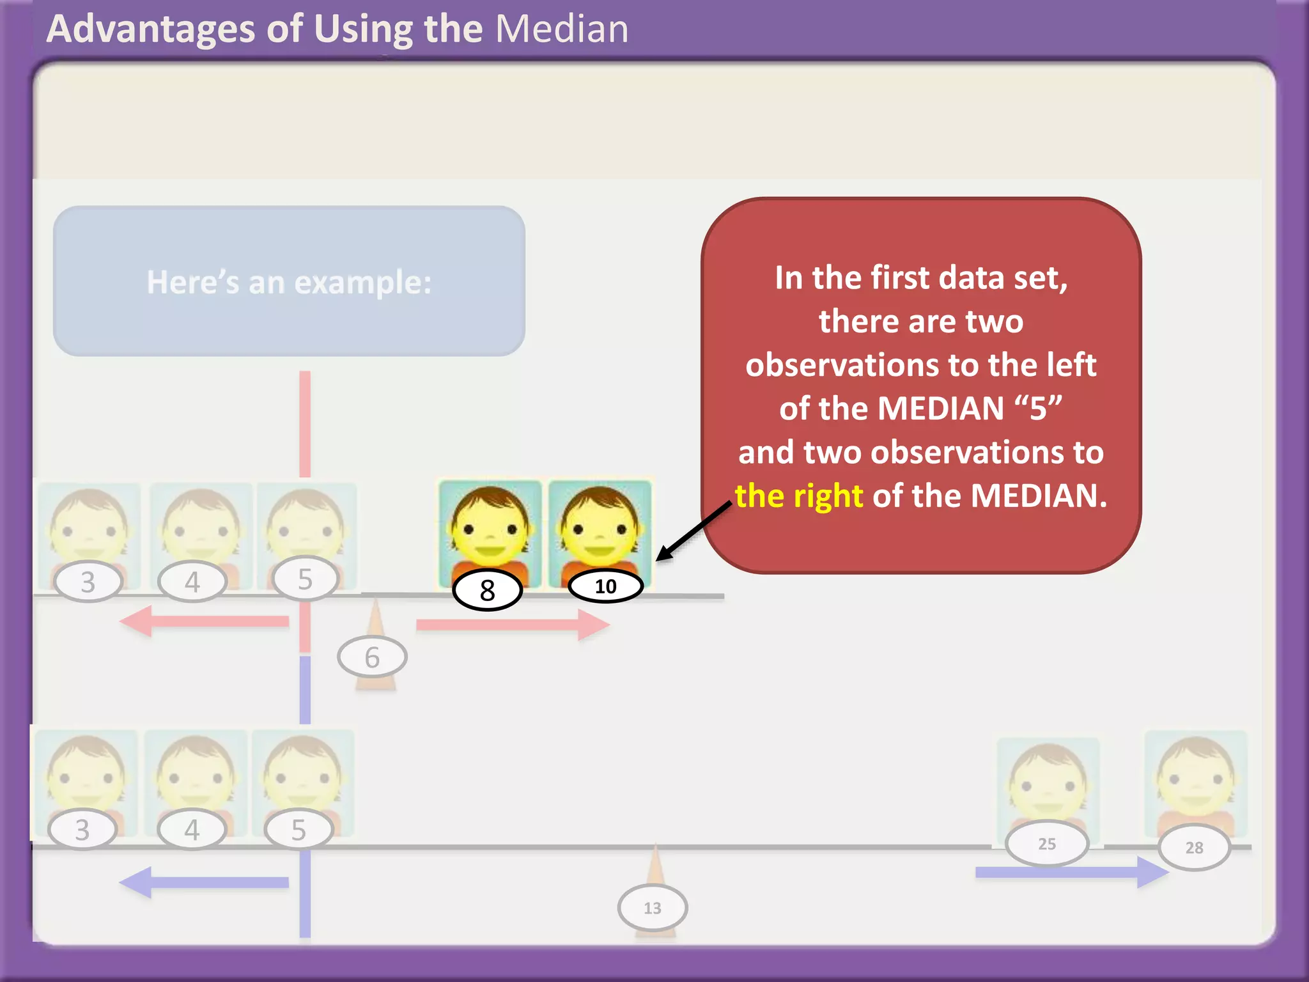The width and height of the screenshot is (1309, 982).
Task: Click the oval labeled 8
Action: pos(487,590)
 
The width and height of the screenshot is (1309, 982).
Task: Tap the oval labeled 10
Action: pos(605,586)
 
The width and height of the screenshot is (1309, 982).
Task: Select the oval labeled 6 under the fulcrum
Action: pos(372,657)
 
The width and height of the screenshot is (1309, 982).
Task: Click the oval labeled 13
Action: pos(652,908)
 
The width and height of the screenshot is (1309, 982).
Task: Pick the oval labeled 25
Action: pos(1046,844)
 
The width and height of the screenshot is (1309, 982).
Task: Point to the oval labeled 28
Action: pos(1194,848)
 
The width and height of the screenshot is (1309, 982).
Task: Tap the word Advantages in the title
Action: pos(151,30)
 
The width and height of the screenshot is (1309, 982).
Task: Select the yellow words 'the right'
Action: pos(799,496)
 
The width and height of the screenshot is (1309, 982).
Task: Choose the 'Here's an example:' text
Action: pos(289,282)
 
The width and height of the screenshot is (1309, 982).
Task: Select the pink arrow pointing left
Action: pos(205,621)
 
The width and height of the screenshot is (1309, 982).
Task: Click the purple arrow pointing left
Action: pos(205,882)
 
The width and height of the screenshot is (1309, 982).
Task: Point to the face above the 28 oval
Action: pos(1195,780)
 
